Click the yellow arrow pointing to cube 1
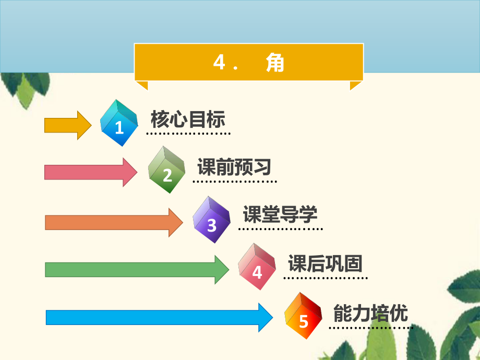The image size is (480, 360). click(68, 125)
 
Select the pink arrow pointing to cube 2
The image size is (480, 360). click(91, 172)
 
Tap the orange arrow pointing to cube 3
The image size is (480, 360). click(114, 223)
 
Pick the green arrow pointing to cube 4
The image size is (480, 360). click(137, 270)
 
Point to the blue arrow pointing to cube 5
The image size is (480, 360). click(159, 317)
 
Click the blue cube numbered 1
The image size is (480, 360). click(119, 123)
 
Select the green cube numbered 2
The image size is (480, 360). click(166, 170)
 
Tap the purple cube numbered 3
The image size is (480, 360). click(211, 220)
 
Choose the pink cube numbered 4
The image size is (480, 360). click(257, 267)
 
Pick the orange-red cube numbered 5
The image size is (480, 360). click(303, 316)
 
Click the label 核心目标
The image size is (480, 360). click(188, 119)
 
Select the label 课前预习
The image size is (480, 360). click(234, 167)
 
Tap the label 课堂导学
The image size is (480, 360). click(280, 214)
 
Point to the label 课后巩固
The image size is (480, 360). click(325, 263)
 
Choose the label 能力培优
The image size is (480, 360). click(370, 313)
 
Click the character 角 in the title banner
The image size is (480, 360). click(275, 62)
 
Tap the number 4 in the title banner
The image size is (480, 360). click(219, 62)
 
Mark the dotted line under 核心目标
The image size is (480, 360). click(188, 134)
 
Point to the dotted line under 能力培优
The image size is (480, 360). click(371, 328)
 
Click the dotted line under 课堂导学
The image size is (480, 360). click(280, 229)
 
